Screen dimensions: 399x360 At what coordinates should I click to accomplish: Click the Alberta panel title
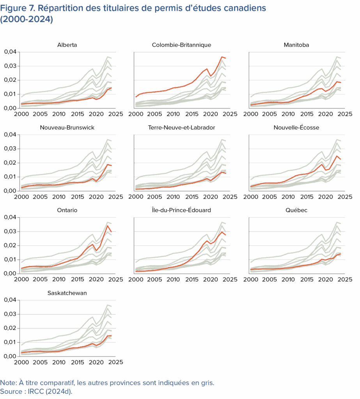[x=67, y=45]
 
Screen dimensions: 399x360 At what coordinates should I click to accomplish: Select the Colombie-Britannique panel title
[x=181, y=45]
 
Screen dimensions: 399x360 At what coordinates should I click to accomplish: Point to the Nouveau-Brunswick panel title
[x=67, y=127]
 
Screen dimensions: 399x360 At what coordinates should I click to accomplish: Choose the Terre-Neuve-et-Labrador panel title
[x=181, y=127]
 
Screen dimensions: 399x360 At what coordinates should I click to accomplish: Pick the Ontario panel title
[x=67, y=210]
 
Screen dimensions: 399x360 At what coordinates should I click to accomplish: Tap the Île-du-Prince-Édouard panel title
[x=181, y=210]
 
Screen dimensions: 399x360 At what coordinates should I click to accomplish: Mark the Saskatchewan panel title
[x=67, y=293]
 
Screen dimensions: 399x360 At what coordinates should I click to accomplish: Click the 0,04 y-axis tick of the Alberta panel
[x=11, y=52]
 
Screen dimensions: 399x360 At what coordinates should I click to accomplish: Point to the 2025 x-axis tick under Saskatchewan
[x=116, y=362]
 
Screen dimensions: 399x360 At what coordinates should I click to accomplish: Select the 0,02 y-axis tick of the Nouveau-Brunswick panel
[x=11, y=163]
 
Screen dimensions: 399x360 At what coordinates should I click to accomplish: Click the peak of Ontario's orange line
[x=108, y=225]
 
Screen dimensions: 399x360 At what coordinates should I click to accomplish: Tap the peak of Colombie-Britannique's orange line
[x=222, y=57]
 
